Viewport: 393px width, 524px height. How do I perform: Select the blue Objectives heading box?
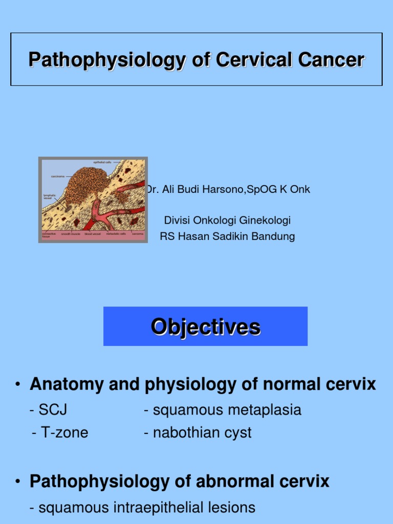tap(205, 326)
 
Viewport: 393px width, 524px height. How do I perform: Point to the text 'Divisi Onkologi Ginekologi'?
tap(227, 221)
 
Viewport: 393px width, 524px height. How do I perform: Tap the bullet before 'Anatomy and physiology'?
tap(17, 384)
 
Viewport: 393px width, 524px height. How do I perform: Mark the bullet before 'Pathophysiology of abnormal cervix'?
tap(17, 482)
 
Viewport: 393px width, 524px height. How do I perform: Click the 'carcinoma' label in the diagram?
tap(57, 177)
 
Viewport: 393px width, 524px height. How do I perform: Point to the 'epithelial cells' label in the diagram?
tap(102, 162)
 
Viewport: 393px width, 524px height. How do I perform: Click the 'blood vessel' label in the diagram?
tap(92, 234)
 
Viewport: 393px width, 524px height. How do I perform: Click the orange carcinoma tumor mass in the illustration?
tap(87, 189)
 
